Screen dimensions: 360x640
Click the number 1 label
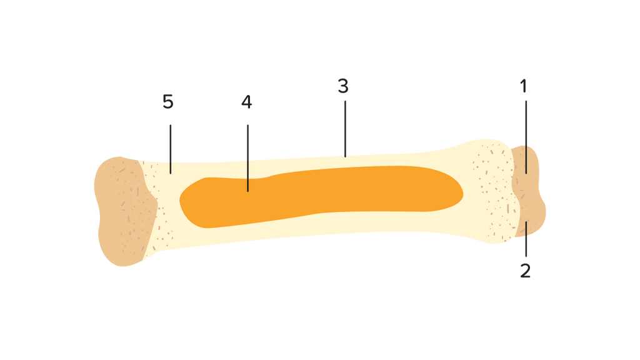tap(524, 86)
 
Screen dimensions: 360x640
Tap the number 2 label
tap(525, 270)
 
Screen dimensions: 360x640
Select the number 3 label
tap(342, 86)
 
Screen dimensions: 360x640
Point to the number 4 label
tap(246, 102)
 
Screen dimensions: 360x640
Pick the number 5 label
tap(167, 102)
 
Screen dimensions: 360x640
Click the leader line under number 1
tap(526, 134)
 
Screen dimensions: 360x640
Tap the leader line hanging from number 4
tap(247, 156)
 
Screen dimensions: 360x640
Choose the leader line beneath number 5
tap(171, 147)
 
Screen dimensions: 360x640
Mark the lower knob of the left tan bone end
tap(122, 247)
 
